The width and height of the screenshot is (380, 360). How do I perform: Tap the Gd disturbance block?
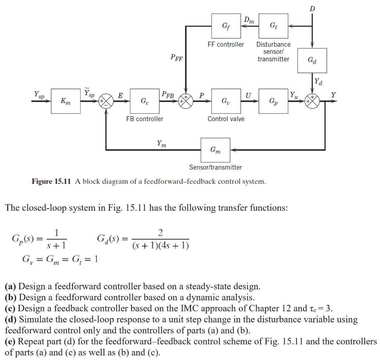tap(312, 60)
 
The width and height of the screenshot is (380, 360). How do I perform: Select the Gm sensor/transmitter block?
tap(215, 150)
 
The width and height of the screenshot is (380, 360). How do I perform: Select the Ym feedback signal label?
tap(161, 143)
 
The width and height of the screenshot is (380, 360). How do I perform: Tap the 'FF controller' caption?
tap(226, 45)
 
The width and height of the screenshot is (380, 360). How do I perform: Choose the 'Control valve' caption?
tap(226, 119)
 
